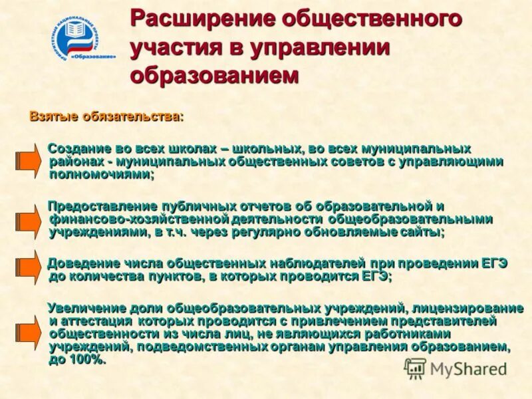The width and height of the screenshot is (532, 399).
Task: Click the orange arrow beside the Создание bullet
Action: (x=27, y=160)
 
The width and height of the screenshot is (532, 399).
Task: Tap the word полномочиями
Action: (x=100, y=174)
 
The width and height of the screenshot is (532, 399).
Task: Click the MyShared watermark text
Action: (x=468, y=368)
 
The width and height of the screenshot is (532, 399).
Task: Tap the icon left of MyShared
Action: (x=415, y=368)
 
